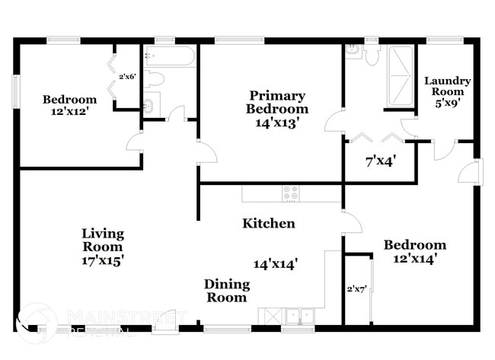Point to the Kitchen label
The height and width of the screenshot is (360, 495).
(x=269, y=224)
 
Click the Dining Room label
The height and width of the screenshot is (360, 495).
(x=226, y=291)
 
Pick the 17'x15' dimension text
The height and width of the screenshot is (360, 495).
(x=103, y=260)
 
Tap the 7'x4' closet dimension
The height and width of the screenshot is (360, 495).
(x=378, y=161)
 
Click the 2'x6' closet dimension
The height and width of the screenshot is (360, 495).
(x=126, y=76)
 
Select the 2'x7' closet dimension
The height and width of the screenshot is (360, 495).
(x=356, y=289)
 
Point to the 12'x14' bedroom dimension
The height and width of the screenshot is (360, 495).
(x=414, y=258)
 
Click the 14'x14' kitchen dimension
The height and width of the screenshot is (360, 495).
(x=276, y=263)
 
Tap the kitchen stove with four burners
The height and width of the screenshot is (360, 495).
(x=291, y=193)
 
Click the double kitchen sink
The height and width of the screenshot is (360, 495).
(x=299, y=315)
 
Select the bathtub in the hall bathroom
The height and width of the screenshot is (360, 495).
(x=169, y=56)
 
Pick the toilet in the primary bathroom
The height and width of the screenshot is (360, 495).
(x=372, y=53)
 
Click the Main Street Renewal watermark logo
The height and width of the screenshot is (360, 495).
(x=38, y=322)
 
